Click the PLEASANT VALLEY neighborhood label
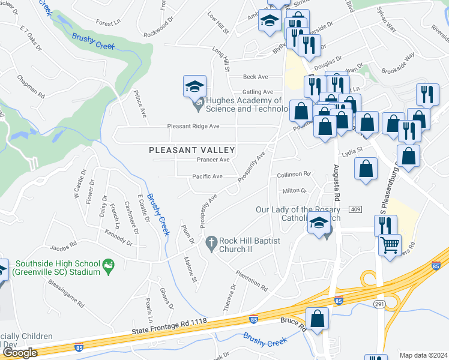pos(191,149)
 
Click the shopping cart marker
pos(390,246)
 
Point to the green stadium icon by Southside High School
pos(108,264)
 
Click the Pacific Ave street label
pos(207,176)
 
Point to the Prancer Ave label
pos(213,160)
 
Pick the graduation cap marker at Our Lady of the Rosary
pos(318,224)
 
